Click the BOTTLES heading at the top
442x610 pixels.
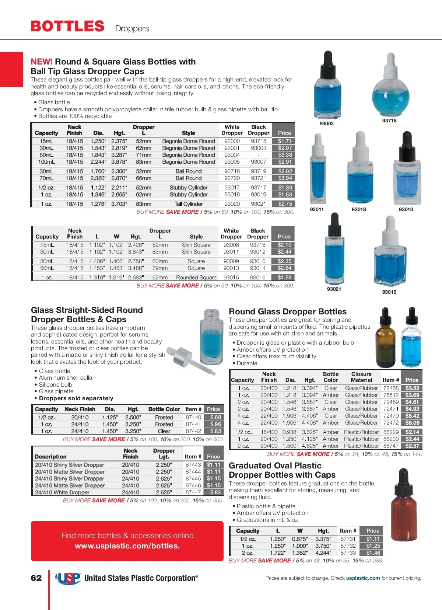67,26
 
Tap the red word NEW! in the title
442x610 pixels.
41,62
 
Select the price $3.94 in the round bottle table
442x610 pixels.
285,178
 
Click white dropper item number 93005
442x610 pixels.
232,162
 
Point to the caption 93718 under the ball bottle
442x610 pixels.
389,121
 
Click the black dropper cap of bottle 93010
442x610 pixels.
407,145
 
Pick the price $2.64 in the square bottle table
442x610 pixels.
284,268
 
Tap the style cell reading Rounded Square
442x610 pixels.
196,278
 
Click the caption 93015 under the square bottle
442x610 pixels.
389,292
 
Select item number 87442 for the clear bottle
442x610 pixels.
193,431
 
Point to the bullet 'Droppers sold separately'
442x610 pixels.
76,398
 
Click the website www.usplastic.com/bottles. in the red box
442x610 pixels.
127,546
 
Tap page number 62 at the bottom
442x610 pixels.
36,578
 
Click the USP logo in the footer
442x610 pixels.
68,578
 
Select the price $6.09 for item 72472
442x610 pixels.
412,423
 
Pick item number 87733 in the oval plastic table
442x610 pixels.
348,553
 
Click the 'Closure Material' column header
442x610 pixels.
361,377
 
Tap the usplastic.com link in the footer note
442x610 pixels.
363,578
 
